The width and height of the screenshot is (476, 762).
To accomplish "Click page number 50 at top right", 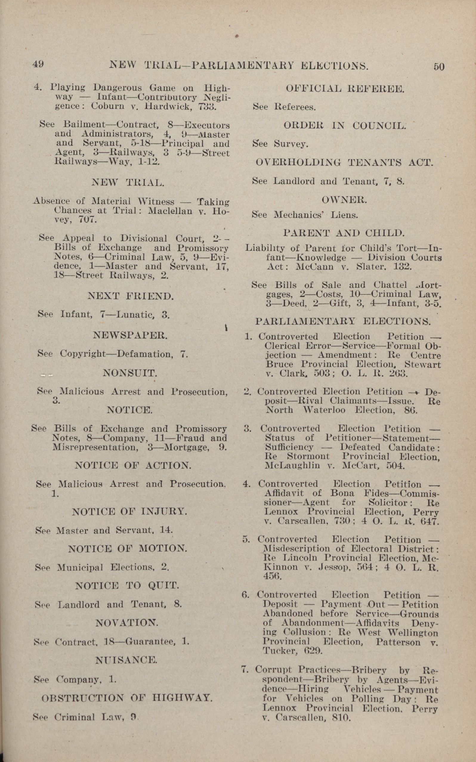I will click(x=438, y=67).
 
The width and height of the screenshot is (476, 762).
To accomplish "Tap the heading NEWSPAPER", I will click(x=130, y=335).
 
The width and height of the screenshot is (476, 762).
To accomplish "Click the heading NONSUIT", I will click(x=130, y=373).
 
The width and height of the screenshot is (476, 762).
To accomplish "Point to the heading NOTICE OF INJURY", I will click(x=129, y=512).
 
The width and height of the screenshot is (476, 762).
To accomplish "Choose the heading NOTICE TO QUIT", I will click(x=127, y=585).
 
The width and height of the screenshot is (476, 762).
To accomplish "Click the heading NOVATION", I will click(x=126, y=622).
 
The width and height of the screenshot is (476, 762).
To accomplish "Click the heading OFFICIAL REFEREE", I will click(x=344, y=89).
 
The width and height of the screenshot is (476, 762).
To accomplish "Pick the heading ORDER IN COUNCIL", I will click(x=345, y=125).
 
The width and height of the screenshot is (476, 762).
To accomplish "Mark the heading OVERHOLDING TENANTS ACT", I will click(x=344, y=163).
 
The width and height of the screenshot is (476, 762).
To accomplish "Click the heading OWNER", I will click(x=344, y=200).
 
